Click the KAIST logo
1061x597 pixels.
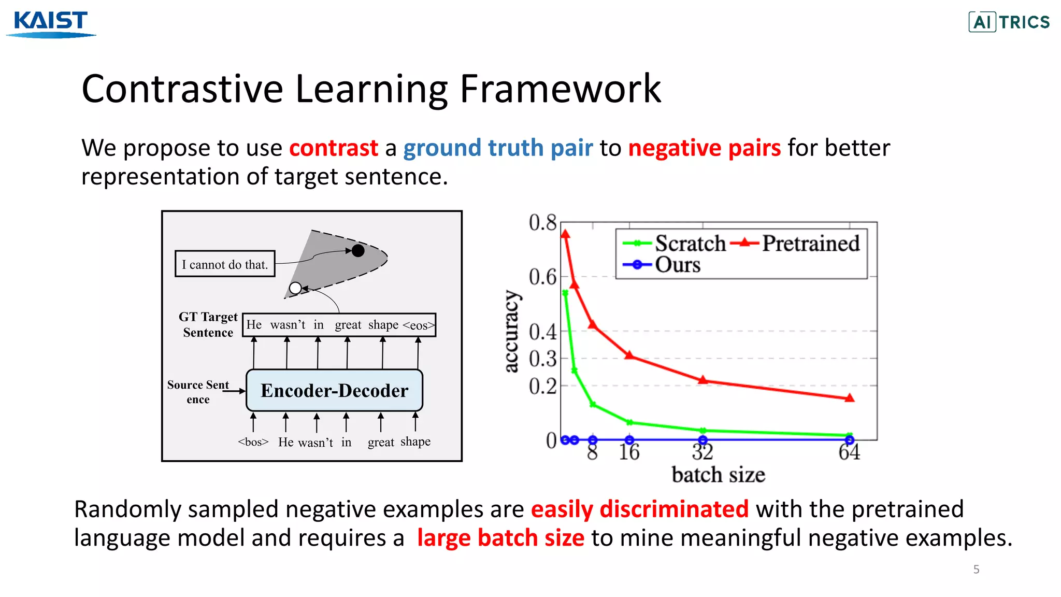click(x=51, y=23)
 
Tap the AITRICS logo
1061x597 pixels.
click(x=1009, y=22)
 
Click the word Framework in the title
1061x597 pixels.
click(x=560, y=89)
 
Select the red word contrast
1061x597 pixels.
click(x=333, y=148)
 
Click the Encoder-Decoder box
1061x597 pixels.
click(x=334, y=390)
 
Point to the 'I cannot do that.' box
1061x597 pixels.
click(x=225, y=264)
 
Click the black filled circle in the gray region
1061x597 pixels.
click(x=358, y=251)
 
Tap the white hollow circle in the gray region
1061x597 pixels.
click(x=295, y=288)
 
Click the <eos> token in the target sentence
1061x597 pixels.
click(x=419, y=325)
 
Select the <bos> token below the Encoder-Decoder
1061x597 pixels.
click(x=253, y=442)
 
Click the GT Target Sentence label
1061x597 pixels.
click(x=208, y=324)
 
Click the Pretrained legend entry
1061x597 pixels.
click(x=810, y=243)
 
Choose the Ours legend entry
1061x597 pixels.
click(x=677, y=265)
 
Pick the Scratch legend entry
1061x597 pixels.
click(x=690, y=243)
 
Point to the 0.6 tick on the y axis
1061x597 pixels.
click(x=542, y=277)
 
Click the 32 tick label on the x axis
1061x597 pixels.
click(x=702, y=452)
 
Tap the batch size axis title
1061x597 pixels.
click(x=718, y=475)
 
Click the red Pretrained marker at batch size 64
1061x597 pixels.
click(x=850, y=398)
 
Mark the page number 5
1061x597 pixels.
click(x=976, y=570)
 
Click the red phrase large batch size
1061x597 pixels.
click(x=500, y=538)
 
